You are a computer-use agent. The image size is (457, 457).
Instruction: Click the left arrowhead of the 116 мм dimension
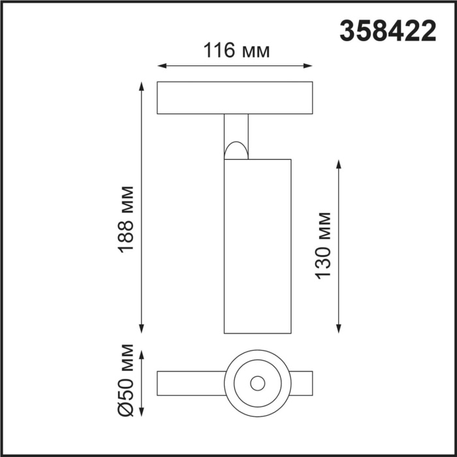[x=161, y=66]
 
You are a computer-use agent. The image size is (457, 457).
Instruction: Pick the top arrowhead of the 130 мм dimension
[x=339, y=163]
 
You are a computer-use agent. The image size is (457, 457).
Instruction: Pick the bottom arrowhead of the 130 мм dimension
[x=339, y=328]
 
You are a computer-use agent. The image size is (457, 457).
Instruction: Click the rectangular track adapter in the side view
[x=234, y=98]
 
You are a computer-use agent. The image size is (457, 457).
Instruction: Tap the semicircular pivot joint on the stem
[x=236, y=151]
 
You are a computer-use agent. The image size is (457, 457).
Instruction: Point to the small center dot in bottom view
[x=257, y=383]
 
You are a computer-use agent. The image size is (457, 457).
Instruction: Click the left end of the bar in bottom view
[x=163, y=383]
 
